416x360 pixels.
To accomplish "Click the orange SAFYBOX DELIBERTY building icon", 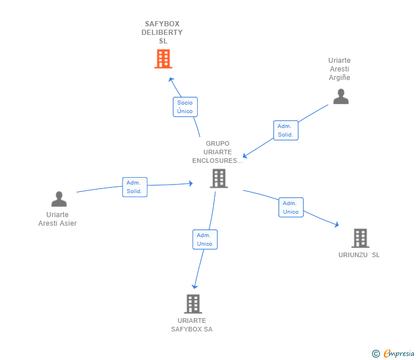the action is pos(163,59).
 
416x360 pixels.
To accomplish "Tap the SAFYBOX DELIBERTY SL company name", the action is pos(162,33).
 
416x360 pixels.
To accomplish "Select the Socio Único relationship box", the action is pos(185,107).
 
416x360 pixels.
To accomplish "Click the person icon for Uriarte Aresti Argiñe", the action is pos(341,97).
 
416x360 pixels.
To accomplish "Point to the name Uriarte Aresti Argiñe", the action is pos(339,69).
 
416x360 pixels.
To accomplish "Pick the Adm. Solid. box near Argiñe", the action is pos(286,130).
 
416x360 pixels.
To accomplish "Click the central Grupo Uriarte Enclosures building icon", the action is pos(219,178).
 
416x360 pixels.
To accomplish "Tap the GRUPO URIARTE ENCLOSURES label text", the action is pos(217,152).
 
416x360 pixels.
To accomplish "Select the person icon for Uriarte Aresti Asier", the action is pos(59,199).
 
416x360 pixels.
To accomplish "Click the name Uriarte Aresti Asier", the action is pos(57,219).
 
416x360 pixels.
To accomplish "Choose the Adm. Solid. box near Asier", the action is pos(135,187).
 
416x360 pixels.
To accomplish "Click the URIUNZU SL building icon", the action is pos(360,238).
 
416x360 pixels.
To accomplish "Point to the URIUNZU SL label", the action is pos(359,255).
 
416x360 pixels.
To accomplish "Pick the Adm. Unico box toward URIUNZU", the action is pos(291,207).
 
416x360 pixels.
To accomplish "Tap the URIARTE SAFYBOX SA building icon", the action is pos(193,303).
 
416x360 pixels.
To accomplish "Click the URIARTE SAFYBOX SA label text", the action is pos(192,325).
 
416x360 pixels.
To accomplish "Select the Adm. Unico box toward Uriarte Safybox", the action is pos(205,239).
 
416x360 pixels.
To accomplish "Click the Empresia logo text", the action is pos(399,354).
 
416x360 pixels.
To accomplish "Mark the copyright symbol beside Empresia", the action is pos(375,354).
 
